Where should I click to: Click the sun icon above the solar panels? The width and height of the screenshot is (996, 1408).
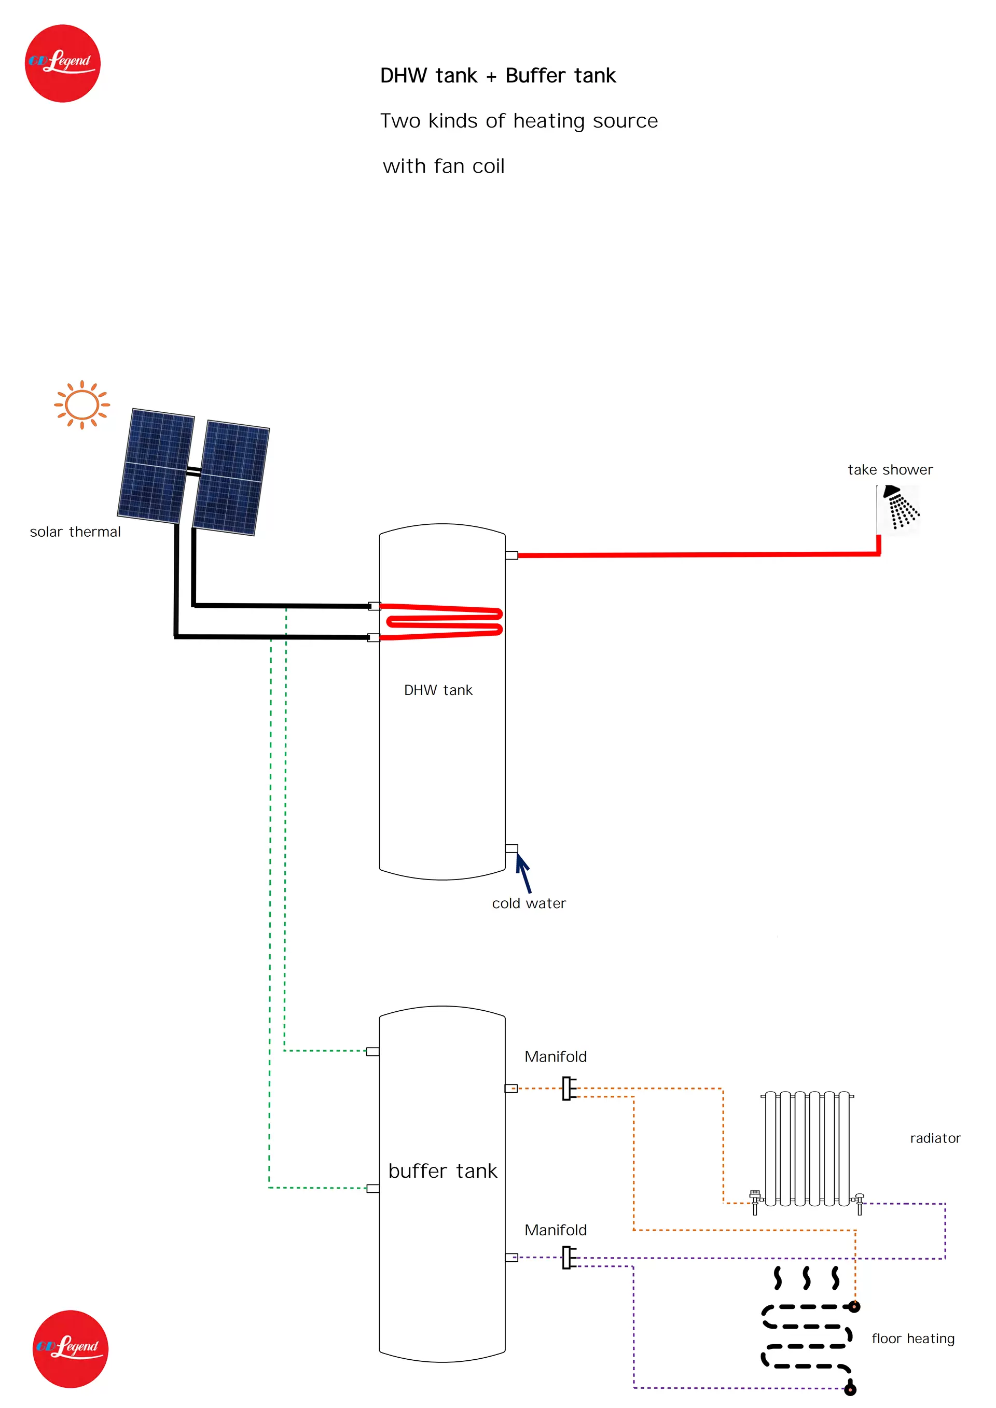coord(81,405)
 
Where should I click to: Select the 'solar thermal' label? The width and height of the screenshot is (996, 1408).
coord(75,532)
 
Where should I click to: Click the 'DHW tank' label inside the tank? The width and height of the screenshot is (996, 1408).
coord(438,690)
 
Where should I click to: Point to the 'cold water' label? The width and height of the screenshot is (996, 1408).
coord(529,903)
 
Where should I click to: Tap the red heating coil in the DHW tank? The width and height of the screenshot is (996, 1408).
coord(441,622)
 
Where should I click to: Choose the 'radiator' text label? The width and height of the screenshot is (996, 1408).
coord(935,1138)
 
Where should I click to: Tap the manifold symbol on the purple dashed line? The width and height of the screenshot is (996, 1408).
coord(569,1258)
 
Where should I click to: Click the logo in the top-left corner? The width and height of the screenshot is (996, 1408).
coord(63,63)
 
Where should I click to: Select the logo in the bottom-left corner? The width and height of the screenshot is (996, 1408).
coord(71,1348)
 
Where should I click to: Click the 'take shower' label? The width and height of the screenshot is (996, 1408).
coord(890,470)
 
